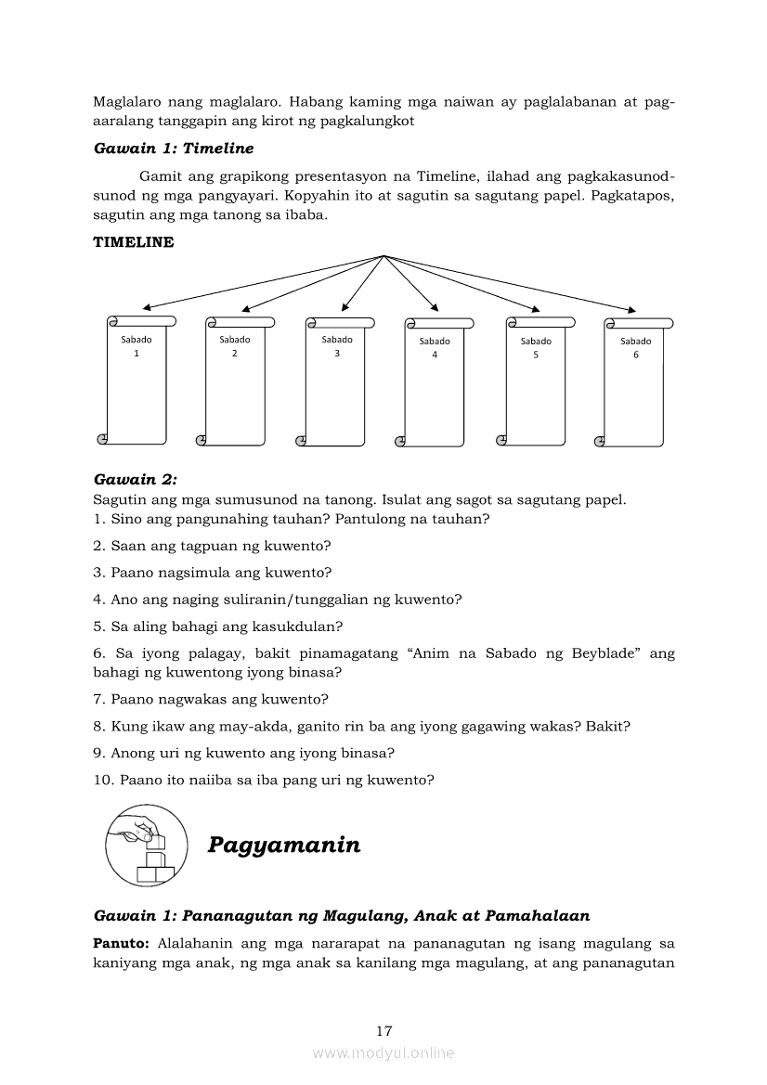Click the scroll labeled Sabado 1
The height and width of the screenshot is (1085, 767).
136,381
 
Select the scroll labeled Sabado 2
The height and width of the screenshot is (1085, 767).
235,381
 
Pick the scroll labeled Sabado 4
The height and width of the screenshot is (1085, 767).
434,382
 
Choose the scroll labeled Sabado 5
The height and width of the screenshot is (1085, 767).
536,381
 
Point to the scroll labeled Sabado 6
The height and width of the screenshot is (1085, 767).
634,382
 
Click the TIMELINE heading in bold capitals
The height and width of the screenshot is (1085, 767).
134,242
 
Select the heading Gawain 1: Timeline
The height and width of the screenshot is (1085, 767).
174,149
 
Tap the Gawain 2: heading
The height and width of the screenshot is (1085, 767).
136,480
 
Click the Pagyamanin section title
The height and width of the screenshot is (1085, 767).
284,845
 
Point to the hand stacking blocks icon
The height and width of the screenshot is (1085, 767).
146,845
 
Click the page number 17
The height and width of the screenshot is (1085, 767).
384,1031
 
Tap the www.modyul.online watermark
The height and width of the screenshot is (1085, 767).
383,1053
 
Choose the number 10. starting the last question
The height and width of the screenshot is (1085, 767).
104,780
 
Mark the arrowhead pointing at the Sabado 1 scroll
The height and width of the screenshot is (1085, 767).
146,307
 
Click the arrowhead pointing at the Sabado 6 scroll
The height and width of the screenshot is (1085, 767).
631,310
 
